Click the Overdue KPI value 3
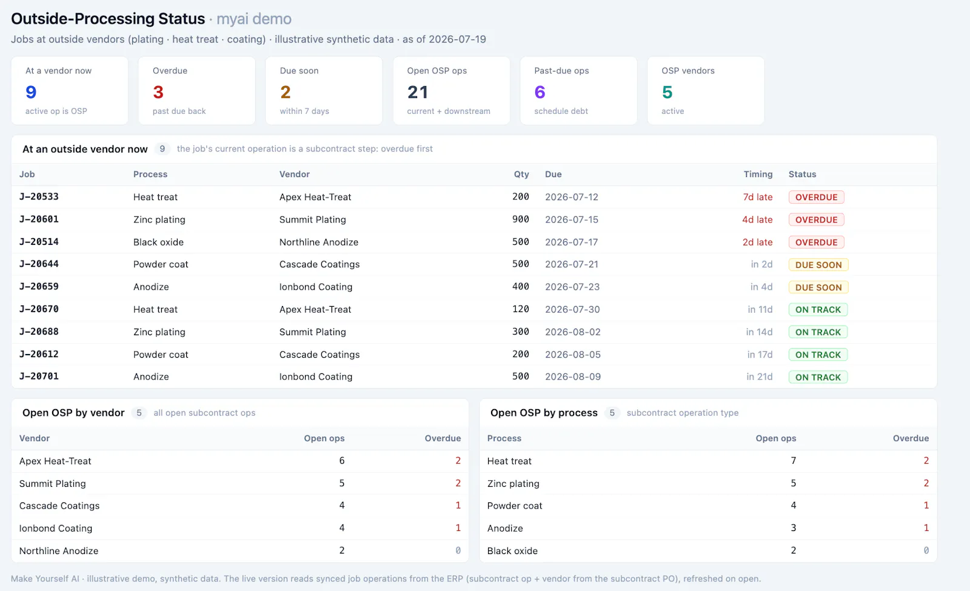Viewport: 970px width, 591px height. (158, 92)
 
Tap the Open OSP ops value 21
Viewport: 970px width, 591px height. (418, 92)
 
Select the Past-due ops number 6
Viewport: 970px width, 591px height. (540, 92)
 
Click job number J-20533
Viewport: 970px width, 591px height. (39, 196)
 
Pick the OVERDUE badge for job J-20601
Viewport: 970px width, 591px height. (816, 219)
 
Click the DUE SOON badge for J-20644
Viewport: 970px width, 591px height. (818, 264)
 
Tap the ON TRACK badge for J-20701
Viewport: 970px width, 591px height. (818, 377)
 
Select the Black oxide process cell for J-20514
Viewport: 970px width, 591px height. (158, 242)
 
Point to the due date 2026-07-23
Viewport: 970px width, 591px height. (572, 287)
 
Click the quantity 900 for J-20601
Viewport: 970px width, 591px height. (521, 219)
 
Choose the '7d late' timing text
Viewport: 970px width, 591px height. (758, 197)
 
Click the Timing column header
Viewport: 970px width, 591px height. (758, 174)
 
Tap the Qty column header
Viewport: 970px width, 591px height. (521, 174)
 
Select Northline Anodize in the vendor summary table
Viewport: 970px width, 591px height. (59, 551)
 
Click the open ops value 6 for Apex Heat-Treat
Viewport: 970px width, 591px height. (342, 460)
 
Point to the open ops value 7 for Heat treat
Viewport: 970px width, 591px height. (794, 460)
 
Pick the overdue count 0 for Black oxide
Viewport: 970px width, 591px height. (926, 550)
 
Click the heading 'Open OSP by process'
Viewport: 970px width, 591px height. (544, 413)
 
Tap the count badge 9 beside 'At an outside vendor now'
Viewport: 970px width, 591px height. (162, 149)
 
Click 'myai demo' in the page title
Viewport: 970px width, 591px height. (254, 19)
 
